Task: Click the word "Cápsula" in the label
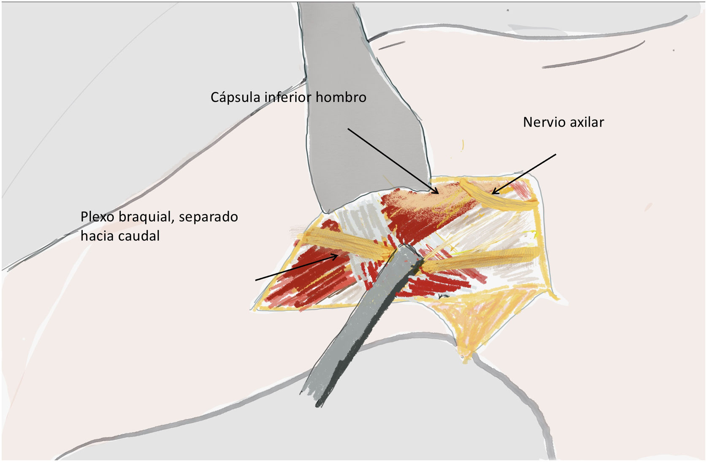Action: [235, 97]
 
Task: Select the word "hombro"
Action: [341, 97]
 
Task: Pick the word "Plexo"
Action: [97, 217]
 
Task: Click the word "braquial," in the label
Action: [146, 217]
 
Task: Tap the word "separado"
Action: [208, 217]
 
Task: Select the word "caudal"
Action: [141, 236]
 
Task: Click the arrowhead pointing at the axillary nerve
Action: [494, 193]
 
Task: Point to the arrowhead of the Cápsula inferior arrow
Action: [437, 192]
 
